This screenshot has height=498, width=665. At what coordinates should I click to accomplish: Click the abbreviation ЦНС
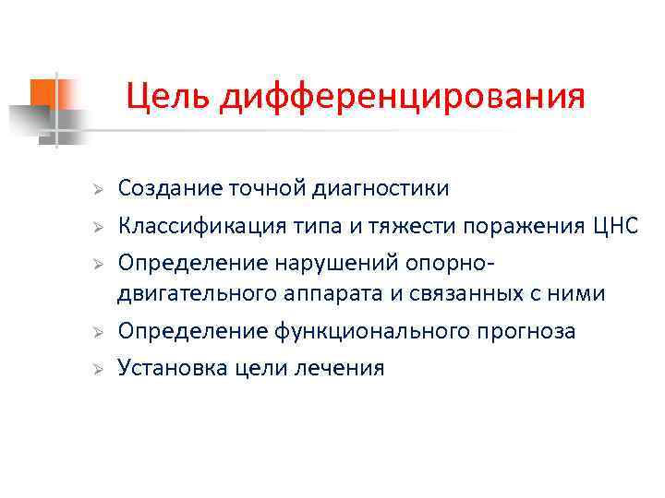pos(613,226)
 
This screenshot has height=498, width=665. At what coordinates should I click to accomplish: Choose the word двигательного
pos(191,294)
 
